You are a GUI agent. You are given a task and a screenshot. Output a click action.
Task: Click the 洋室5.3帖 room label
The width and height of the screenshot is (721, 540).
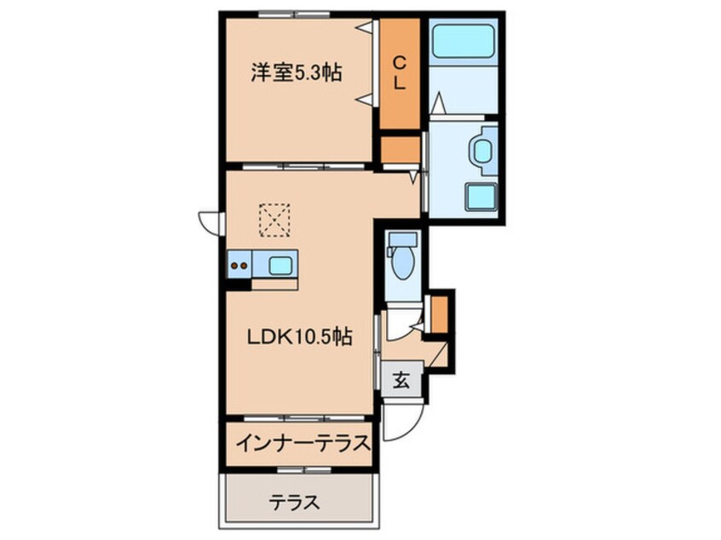(296, 73)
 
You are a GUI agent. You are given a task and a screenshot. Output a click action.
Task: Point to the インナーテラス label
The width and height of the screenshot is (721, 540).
(303, 443)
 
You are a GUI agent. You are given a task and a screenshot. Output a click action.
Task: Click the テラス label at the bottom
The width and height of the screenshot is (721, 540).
(296, 502)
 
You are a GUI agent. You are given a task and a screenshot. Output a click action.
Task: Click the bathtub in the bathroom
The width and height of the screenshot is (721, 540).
(464, 40)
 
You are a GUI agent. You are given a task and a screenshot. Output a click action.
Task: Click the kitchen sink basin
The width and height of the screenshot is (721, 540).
(280, 265)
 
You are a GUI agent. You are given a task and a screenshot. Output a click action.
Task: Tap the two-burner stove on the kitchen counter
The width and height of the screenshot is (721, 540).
(239, 265)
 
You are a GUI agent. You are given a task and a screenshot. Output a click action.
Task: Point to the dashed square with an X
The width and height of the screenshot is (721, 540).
(274, 220)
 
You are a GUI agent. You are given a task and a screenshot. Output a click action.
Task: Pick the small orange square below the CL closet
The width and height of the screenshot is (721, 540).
(399, 149)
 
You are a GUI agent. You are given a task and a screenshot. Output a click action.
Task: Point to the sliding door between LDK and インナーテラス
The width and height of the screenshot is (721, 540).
(299, 419)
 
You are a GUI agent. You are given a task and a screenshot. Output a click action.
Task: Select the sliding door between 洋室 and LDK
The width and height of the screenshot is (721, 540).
(299, 165)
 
